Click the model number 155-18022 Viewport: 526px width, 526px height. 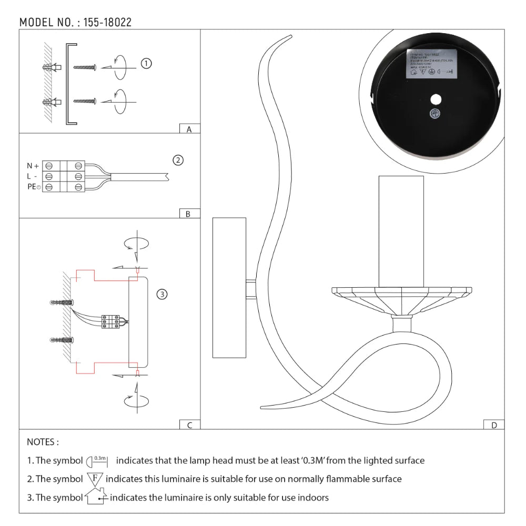click(x=107, y=22)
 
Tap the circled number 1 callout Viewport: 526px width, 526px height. click(x=146, y=64)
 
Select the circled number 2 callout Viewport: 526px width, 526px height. click(x=178, y=160)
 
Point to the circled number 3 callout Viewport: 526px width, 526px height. click(x=163, y=294)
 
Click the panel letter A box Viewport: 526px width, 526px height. click(x=189, y=129)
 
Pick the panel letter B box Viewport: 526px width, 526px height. click(x=189, y=214)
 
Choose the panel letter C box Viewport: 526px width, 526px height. click(x=189, y=425)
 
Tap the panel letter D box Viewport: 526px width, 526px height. click(x=493, y=425)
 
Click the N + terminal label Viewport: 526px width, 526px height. click(x=33, y=166)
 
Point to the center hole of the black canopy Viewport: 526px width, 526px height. click(x=435, y=99)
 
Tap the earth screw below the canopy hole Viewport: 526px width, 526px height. click(x=436, y=114)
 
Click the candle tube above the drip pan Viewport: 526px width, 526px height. click(x=401, y=231)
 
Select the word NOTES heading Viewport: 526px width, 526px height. click(x=43, y=442)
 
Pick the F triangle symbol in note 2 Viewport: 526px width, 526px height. click(x=95, y=479)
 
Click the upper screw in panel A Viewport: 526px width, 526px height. click(x=85, y=67)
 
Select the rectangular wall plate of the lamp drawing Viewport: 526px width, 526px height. click(x=229, y=288)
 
